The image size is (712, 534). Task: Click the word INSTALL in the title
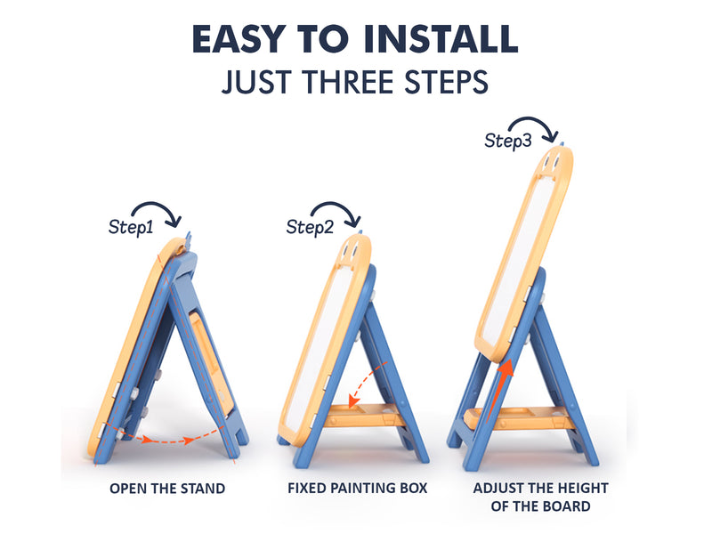[441, 38]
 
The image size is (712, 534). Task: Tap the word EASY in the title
[239, 38]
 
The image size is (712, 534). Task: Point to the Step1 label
[131, 227]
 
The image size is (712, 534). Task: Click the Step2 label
[310, 227]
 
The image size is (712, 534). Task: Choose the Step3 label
[507, 141]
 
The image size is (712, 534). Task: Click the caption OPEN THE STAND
[167, 489]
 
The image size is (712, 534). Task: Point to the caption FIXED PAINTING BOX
[358, 488]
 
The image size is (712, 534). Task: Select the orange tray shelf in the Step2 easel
[363, 415]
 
